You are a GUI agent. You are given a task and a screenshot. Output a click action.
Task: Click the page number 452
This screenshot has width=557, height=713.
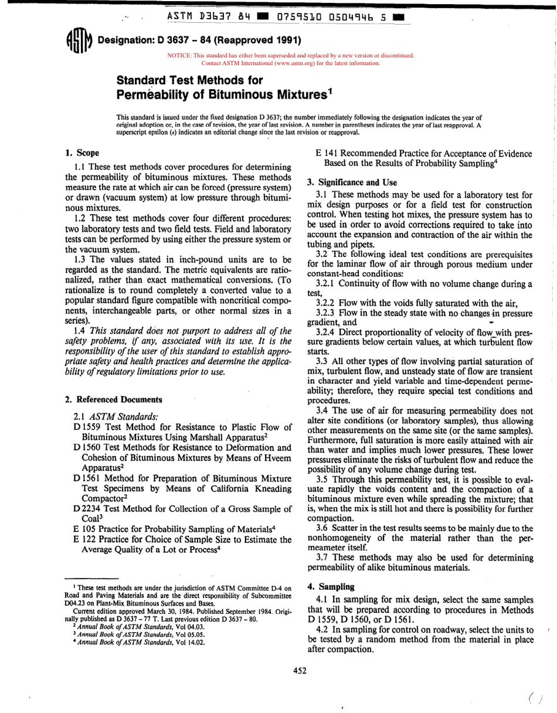coord(300,671)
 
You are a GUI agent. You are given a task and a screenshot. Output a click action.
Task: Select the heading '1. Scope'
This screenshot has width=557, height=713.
coord(82,153)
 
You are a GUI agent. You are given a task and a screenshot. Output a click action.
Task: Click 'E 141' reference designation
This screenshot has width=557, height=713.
coord(328,154)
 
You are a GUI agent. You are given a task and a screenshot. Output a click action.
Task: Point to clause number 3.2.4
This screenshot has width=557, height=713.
coord(325,332)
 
